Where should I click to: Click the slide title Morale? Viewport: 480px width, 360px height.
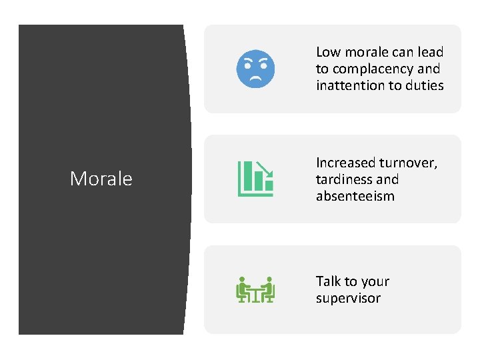(101, 179)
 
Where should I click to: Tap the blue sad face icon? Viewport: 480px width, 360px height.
(255, 69)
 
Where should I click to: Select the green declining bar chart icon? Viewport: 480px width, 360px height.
(255, 179)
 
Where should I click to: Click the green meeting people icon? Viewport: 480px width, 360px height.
(255, 289)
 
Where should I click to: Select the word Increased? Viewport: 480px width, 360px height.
(345, 163)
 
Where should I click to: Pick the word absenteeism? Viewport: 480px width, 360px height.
(355, 196)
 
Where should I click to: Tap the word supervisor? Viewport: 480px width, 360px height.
(348, 298)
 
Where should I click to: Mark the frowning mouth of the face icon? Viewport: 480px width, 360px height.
(255, 78)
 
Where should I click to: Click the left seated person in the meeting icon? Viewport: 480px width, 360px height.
(243, 289)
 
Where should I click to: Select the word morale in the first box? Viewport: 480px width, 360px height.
(367, 52)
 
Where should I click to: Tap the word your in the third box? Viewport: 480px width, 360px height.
(375, 281)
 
